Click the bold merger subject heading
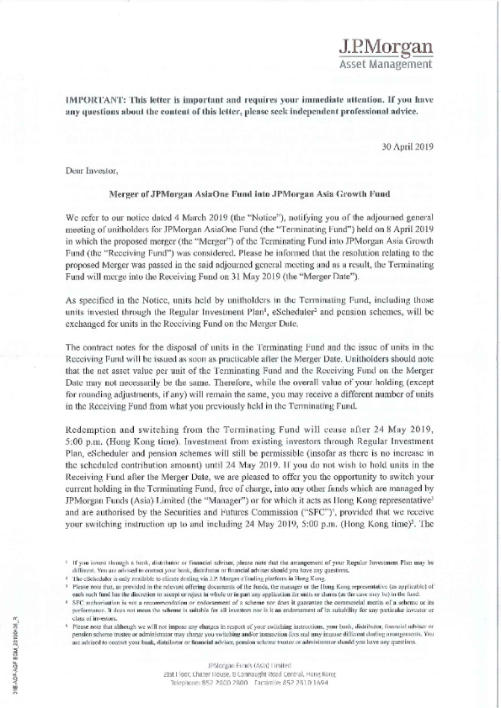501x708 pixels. pyautogui.click(x=249, y=193)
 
